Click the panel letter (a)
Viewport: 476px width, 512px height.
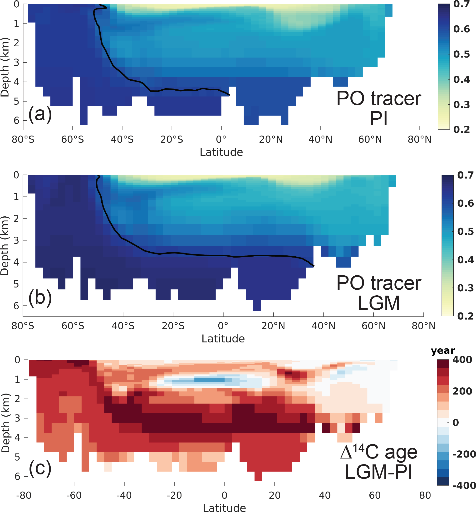pyautogui.click(x=40, y=114)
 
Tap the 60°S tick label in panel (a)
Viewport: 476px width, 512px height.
pyautogui.click(x=72, y=140)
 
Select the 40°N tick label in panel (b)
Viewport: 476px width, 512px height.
pyautogui.click(x=323, y=326)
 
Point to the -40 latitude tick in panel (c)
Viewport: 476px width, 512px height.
pyautogui.click(x=124, y=495)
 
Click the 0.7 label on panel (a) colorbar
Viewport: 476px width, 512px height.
pyautogui.click(x=461, y=4)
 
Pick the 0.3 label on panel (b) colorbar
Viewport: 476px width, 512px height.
pyautogui.click(x=466, y=288)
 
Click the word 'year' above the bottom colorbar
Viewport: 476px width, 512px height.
pyautogui.click(x=443, y=351)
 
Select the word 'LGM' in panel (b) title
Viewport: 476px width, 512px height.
pyautogui.click(x=379, y=303)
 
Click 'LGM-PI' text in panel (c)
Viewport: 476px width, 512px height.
pyautogui.click(x=378, y=472)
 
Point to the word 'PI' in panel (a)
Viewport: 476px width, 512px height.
pyautogui.click(x=378, y=119)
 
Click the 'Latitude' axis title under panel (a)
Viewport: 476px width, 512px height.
pyautogui.click(x=221, y=152)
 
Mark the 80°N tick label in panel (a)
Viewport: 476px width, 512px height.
pyautogui.click(x=419, y=140)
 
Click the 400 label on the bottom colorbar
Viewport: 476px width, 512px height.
pyautogui.click(x=462, y=360)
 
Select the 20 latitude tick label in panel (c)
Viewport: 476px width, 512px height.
pyautogui.click(x=275, y=495)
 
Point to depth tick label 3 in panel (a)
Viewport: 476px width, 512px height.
pyautogui.click(x=16, y=62)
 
